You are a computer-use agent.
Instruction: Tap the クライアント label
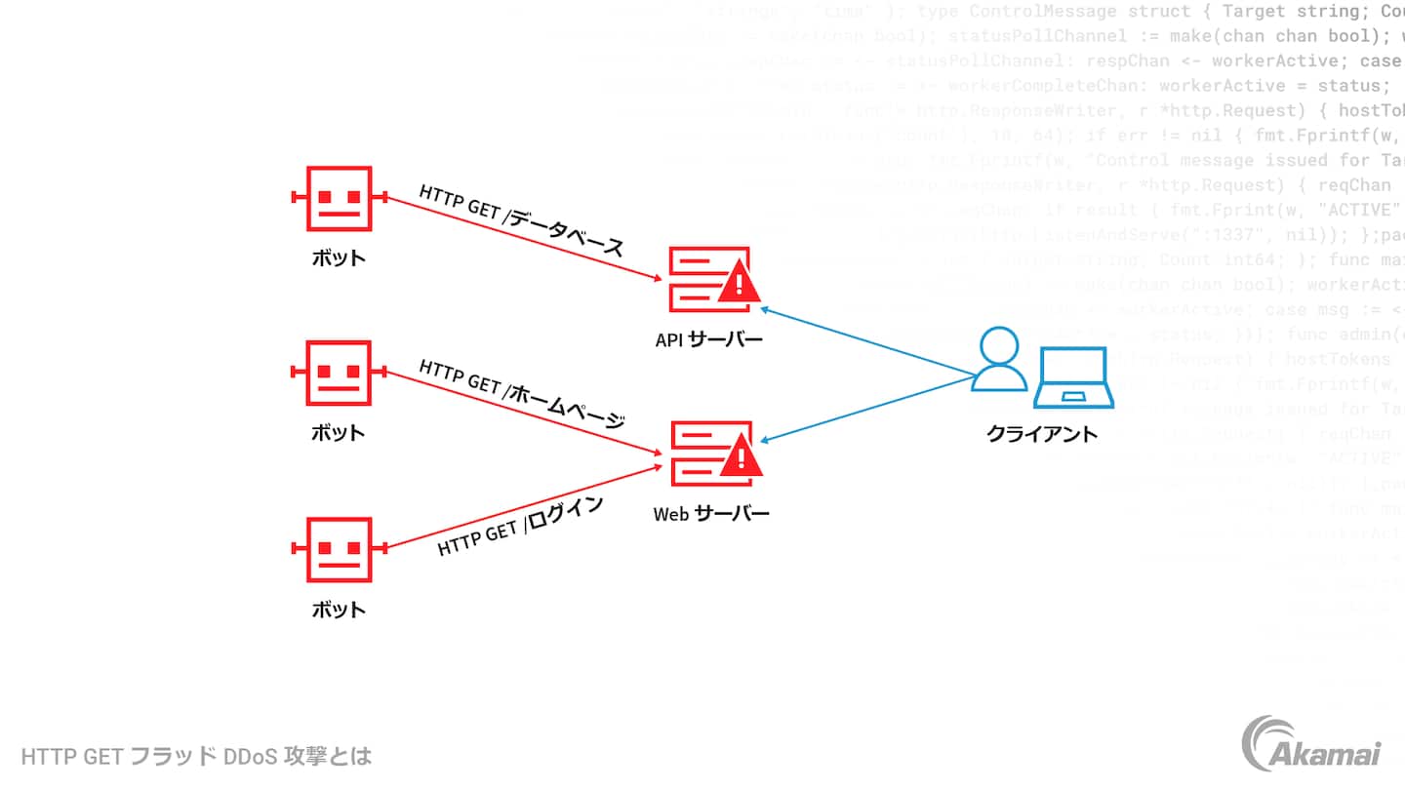1042,434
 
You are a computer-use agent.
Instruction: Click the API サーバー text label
709,340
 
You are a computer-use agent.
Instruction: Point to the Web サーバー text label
711,513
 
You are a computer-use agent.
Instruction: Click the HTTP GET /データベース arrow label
521,220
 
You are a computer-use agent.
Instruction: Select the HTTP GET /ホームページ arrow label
522,394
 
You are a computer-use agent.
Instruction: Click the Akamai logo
1310,743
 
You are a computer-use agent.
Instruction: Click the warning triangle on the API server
741,284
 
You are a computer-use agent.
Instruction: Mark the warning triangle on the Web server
741,457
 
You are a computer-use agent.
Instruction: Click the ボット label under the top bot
339,258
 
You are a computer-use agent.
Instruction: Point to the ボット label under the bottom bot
339,611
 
